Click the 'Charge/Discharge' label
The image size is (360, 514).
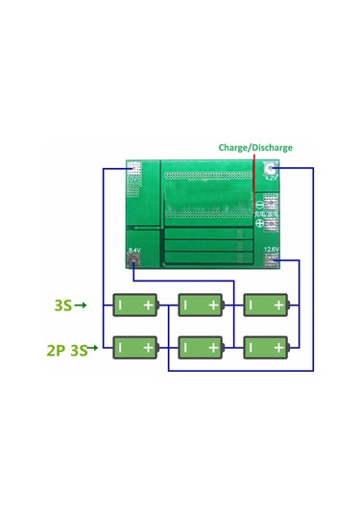254,148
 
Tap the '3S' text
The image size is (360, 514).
62,306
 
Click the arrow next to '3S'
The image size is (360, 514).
83,306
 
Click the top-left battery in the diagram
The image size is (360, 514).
135,306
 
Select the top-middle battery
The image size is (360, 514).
201,306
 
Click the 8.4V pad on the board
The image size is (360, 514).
132,254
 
